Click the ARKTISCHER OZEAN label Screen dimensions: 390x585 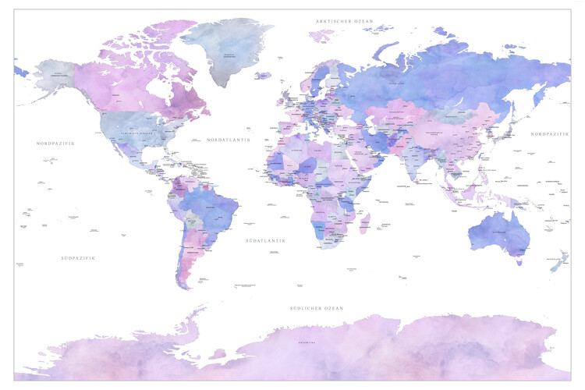pyautogui.click(x=344, y=20)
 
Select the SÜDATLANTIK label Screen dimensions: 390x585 pyautogui.click(x=265, y=241)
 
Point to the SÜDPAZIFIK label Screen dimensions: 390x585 pyautogui.click(x=77, y=257)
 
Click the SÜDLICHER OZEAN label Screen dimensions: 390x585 pyautogui.click(x=316, y=309)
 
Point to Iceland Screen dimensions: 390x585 pyautogui.click(x=263, y=76)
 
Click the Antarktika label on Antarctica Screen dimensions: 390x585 pyautogui.click(x=307, y=342)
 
